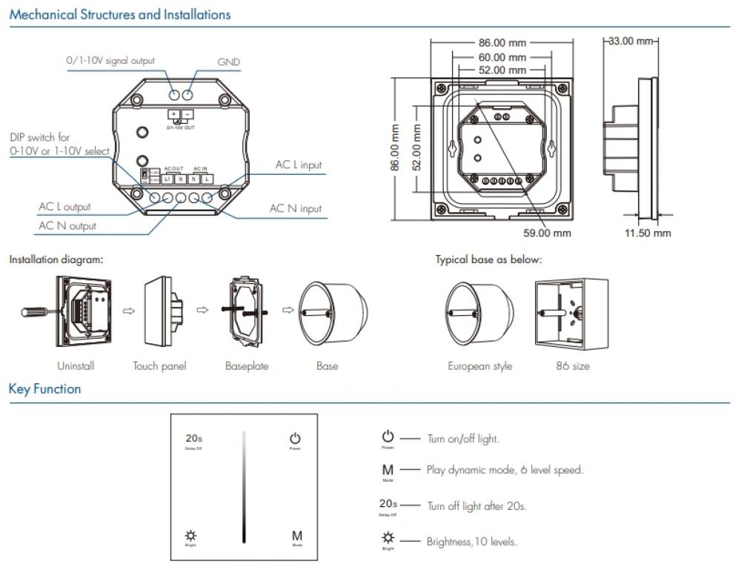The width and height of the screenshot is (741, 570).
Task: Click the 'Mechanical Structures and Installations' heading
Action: point(119,15)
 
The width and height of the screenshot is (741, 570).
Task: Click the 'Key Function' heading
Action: point(45,389)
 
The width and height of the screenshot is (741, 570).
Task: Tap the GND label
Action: point(228,62)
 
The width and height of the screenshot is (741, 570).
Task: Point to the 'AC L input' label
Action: point(299,165)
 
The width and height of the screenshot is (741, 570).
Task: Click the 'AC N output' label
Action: point(67,225)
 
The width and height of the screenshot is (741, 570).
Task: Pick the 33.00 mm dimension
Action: point(631,41)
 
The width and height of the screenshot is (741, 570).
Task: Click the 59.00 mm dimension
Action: point(547,233)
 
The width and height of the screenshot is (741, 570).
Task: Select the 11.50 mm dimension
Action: point(647,233)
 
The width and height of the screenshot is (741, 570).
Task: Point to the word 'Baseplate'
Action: point(247,366)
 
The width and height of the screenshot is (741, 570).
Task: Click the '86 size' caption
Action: point(573,366)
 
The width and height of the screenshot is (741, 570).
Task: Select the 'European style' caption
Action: point(479,366)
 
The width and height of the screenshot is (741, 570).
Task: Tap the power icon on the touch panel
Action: point(295,439)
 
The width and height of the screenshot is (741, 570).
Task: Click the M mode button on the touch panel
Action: point(296,535)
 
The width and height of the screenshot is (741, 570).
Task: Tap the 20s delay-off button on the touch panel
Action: point(193,439)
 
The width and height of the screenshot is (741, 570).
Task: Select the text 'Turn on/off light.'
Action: point(463,439)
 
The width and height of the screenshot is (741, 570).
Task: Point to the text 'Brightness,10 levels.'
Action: point(471,542)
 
